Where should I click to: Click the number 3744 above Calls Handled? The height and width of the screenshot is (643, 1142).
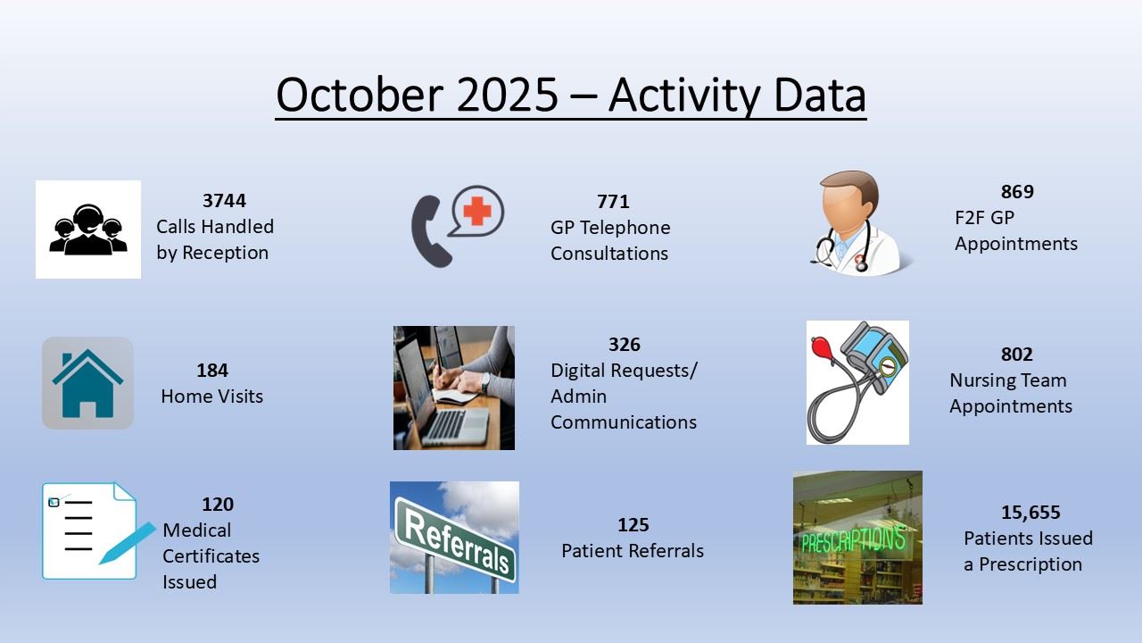pos(224,201)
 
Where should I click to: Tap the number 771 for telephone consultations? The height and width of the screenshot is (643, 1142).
pos(613,202)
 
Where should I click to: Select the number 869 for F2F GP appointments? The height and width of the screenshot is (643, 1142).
pos(1017,191)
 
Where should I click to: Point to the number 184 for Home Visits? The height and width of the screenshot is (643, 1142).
pos(212,370)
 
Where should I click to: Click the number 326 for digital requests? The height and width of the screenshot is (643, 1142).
pos(624,345)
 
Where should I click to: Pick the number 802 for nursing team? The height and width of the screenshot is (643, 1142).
pos(1016,355)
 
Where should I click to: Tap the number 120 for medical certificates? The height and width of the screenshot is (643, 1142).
pos(217,505)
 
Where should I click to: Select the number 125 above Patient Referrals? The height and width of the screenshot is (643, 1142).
pos(633,524)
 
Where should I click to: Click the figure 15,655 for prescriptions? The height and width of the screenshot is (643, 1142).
pos(1030,513)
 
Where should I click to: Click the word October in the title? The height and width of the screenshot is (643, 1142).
pos(360,95)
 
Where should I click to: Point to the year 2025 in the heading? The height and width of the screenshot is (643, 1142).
pos(508,95)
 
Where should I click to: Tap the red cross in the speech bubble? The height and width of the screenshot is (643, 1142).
pos(477,212)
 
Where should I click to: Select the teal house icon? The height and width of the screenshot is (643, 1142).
pos(87,383)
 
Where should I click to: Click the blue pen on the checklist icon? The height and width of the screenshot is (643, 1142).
pos(128,543)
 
